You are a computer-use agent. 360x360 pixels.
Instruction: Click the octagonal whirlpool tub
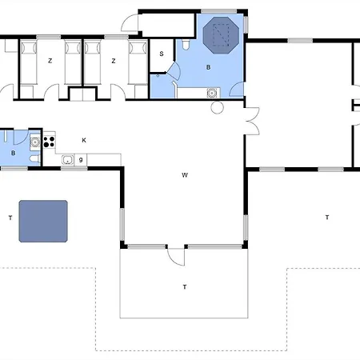tap(221, 35)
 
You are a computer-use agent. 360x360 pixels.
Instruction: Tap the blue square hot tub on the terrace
tap(43, 222)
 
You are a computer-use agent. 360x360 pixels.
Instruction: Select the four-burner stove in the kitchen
tap(49, 142)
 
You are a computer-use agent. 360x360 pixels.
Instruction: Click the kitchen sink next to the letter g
tap(68, 160)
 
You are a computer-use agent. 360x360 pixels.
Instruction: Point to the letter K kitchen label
tap(84, 140)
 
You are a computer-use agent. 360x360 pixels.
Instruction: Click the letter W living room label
tap(185, 175)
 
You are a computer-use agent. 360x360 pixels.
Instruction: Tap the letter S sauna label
tap(162, 54)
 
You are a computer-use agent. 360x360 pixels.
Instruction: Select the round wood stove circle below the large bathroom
tap(217, 107)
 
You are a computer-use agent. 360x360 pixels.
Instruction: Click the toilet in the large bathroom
tap(186, 45)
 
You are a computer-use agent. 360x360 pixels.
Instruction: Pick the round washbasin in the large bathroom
tap(212, 94)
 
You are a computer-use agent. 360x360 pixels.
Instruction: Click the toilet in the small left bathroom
tap(35, 159)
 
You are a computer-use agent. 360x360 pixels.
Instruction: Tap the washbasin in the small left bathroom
tap(35, 142)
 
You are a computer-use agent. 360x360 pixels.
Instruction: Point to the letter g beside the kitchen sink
tap(81, 160)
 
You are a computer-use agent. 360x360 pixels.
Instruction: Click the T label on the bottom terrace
tap(185, 287)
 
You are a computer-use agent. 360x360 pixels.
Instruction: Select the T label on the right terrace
tap(327, 218)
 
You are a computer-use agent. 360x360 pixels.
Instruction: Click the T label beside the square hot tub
tap(10, 218)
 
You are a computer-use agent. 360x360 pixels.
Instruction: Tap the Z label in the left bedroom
tap(50, 61)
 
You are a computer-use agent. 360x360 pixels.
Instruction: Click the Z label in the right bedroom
tap(114, 61)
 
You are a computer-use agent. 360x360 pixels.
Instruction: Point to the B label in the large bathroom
tap(208, 67)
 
